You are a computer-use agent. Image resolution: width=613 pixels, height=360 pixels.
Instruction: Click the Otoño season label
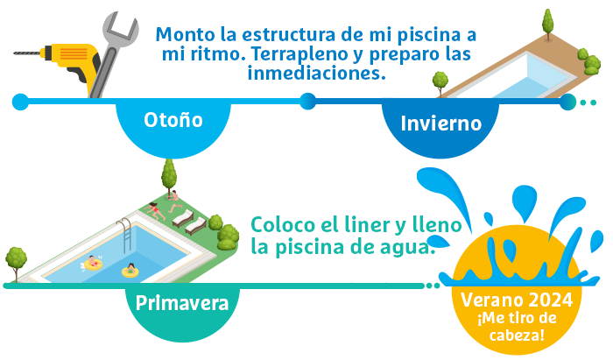pos(173,120)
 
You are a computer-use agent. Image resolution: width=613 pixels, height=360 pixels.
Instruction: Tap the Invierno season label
pos(441,124)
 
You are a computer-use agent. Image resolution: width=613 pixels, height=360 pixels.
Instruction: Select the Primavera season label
pos(182,303)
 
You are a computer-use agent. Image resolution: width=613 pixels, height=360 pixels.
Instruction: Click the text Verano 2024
pos(517,300)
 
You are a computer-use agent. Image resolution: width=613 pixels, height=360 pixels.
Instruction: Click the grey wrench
pos(113,54)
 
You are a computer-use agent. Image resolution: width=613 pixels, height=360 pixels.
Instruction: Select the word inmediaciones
pos(317,73)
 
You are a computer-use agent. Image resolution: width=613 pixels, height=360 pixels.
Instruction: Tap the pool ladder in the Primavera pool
pos(125,236)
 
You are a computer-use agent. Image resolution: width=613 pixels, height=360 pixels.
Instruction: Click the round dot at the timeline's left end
pos(20,102)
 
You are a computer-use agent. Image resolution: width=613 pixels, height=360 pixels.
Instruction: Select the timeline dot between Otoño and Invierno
pos(308,102)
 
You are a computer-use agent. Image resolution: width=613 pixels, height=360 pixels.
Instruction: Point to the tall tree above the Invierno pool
pos(548,25)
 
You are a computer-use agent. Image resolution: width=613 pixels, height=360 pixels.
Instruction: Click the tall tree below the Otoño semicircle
pos(169,177)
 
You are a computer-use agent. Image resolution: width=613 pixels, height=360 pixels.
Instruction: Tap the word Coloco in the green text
pos(283,224)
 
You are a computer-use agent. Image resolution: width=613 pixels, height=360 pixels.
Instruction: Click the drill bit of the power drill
pos(26,53)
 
